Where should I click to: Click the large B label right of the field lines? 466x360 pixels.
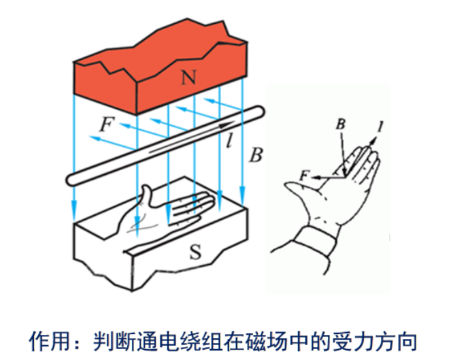(255, 154)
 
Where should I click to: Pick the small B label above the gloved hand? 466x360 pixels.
(341, 124)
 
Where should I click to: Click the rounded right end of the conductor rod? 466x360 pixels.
(257, 112)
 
